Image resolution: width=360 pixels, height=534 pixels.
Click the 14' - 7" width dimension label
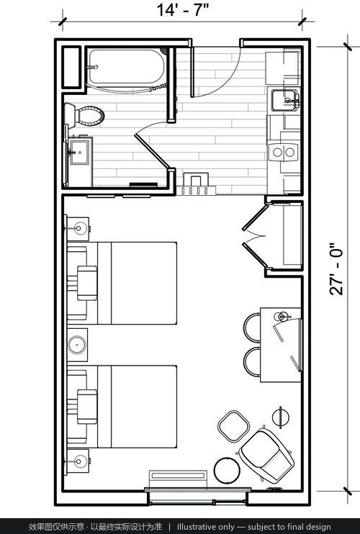tap(182, 10)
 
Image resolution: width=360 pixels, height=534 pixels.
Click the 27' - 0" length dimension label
tap(336, 268)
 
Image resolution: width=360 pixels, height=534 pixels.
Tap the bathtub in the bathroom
tap(126, 67)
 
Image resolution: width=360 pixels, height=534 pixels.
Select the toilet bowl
tap(85, 116)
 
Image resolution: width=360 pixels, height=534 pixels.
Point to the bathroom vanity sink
tap(80, 152)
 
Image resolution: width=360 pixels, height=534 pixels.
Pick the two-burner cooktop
tap(283, 152)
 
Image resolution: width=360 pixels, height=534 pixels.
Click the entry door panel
tap(192, 72)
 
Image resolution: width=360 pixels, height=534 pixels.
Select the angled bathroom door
tap(152, 150)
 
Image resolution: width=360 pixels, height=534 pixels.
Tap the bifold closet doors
tap(256, 235)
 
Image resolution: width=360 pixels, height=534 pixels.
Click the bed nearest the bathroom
tap(138, 283)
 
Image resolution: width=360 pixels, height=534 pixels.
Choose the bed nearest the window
tap(138, 407)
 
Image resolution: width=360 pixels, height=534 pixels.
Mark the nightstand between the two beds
tap(77, 345)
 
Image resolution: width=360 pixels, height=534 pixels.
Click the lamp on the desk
tap(281, 317)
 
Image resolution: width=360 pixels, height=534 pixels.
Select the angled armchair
tap(266, 456)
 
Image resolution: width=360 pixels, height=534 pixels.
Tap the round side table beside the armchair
tap(227, 471)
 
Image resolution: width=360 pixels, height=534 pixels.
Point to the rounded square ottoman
tap(234, 426)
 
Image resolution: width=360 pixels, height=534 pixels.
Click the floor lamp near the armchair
tap(281, 417)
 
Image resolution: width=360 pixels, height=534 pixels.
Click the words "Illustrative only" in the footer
tap(206, 527)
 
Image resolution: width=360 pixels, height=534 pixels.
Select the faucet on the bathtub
tap(93, 67)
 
